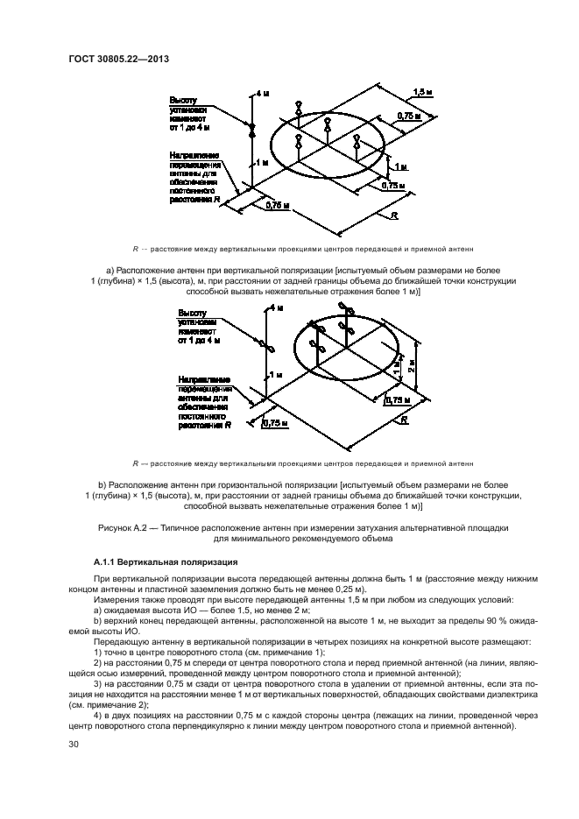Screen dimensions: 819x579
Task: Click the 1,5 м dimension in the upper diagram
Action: [x=421, y=91]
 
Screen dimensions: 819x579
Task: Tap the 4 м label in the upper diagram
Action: [x=262, y=91]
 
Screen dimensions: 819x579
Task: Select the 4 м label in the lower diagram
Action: [x=278, y=308]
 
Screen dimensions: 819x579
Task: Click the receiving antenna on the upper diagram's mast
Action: [x=252, y=129]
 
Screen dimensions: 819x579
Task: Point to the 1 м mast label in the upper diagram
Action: [x=263, y=163]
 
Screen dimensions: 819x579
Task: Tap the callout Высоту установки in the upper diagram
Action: [x=190, y=106]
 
